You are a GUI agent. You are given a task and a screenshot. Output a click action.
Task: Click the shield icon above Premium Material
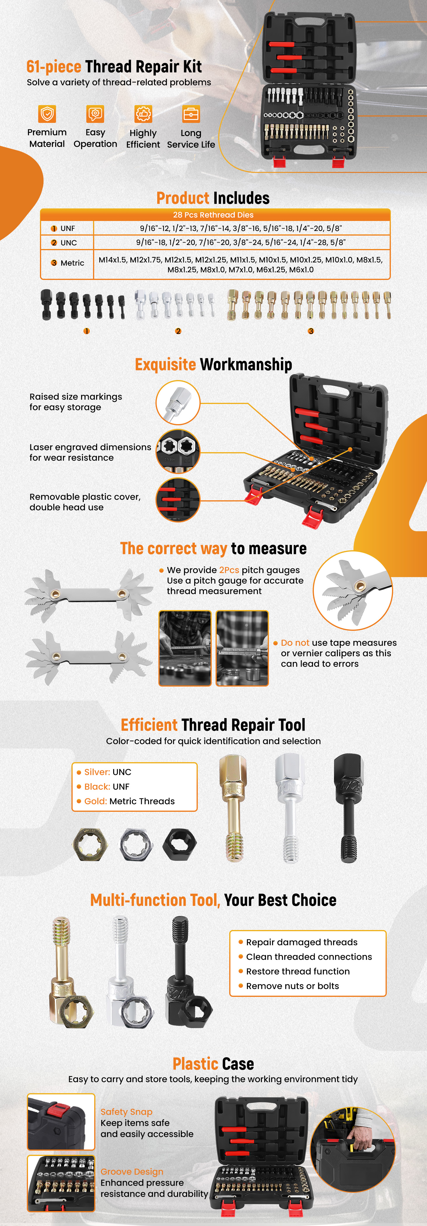tap(47, 114)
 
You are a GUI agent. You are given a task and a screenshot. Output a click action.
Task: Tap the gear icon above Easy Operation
tap(95, 114)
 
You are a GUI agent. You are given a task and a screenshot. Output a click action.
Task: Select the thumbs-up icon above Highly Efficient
tap(143, 114)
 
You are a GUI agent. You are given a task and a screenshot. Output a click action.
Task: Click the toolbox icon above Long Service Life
tap(191, 114)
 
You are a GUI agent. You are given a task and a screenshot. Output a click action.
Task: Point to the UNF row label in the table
tap(63, 229)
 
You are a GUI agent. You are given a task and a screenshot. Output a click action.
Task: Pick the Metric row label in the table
tap(68, 263)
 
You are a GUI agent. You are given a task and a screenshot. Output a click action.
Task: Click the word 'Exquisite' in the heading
tap(165, 365)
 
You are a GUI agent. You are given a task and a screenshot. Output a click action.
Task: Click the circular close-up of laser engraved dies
tap(178, 451)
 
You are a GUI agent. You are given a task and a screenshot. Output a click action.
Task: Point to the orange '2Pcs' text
tap(229, 570)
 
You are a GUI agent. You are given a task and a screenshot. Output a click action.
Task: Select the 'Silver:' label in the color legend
tap(97, 772)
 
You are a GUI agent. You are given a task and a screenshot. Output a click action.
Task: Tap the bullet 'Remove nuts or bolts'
tap(293, 986)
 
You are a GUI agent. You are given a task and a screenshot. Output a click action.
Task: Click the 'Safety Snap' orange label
tap(127, 1112)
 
